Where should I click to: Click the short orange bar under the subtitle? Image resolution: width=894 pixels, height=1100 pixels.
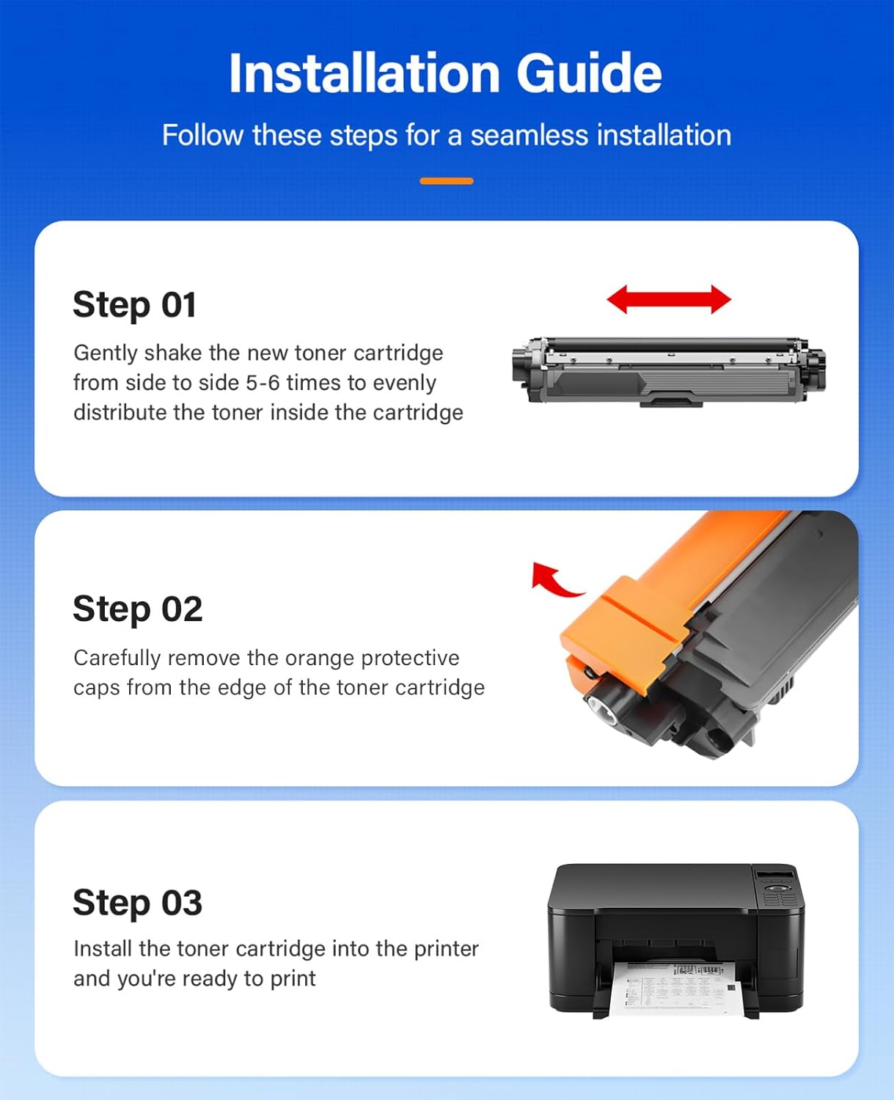[x=446, y=180]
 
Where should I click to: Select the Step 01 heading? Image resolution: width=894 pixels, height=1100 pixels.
[x=134, y=304]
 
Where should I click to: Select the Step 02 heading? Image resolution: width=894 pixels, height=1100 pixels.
[x=137, y=609]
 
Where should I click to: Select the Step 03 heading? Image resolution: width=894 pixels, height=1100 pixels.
[x=137, y=902]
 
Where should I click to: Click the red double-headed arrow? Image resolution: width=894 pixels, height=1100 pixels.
[x=669, y=299]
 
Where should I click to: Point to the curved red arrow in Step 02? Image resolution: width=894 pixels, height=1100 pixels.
[x=554, y=579]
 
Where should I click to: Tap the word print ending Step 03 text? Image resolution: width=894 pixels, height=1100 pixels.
[x=293, y=978]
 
